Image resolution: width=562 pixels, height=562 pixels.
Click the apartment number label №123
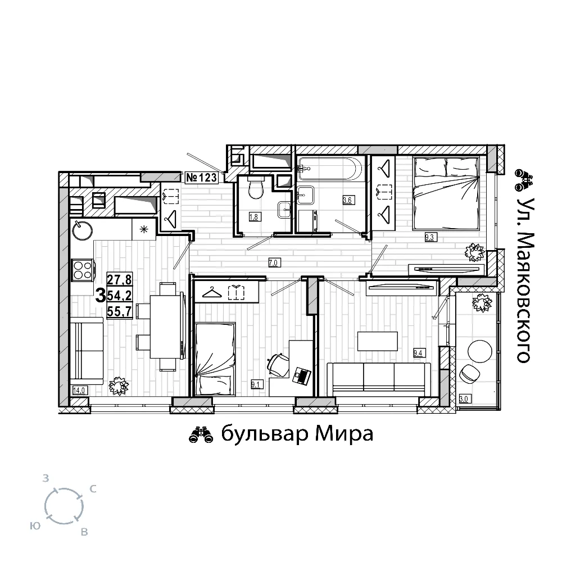202,177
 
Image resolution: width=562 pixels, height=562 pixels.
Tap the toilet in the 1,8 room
255,188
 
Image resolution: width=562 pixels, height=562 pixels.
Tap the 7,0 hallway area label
273,262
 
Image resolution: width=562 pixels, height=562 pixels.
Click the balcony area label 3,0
464,398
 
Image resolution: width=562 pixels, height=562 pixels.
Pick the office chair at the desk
278,365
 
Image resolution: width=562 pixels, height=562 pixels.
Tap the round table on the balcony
481,352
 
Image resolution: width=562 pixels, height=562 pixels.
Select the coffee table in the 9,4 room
378,341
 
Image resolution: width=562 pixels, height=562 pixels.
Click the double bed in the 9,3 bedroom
446,193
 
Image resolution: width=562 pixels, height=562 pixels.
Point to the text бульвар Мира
297,434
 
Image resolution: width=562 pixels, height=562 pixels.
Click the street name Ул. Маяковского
523,280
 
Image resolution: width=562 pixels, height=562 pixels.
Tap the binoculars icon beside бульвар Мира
201,435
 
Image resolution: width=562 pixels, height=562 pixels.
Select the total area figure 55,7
119,311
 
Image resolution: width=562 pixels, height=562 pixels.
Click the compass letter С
93,489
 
